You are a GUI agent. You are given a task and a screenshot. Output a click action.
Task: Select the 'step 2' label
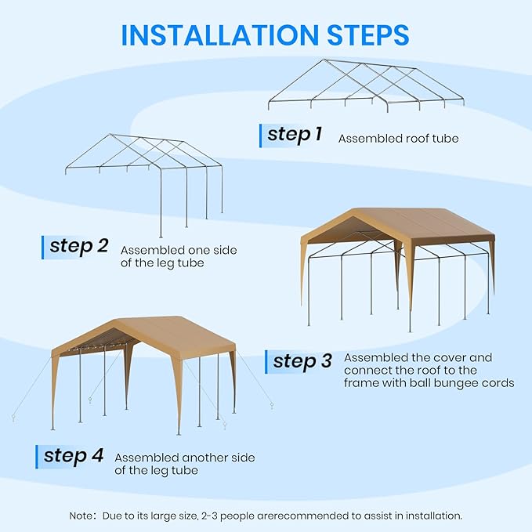[79, 246]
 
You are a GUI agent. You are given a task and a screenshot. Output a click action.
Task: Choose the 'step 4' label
[74, 456]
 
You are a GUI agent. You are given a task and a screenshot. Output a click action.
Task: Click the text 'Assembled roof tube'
[398, 139]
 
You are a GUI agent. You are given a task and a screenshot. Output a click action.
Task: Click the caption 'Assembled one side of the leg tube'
[178, 256]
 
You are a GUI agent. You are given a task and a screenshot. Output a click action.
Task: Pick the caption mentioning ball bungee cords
[429, 370]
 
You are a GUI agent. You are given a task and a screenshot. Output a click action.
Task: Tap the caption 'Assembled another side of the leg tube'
[184, 464]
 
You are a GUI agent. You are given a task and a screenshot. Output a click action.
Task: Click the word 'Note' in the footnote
[82, 516]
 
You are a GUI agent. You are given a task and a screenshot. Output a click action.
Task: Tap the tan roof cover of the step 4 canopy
[157, 334]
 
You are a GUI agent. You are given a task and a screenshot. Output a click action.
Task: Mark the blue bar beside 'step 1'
[261, 135]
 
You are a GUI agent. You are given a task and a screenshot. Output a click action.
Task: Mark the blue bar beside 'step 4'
[38, 457]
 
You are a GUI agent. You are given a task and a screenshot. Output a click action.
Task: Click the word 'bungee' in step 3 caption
[454, 383]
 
